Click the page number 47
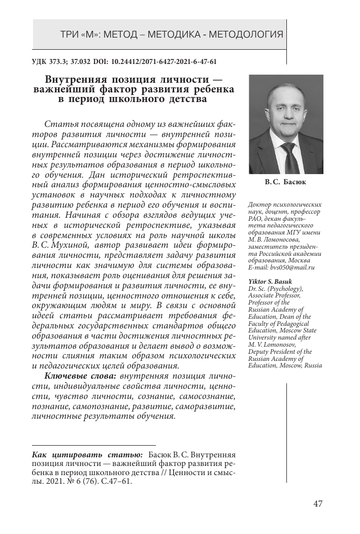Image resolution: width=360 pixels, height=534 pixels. [318, 504]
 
